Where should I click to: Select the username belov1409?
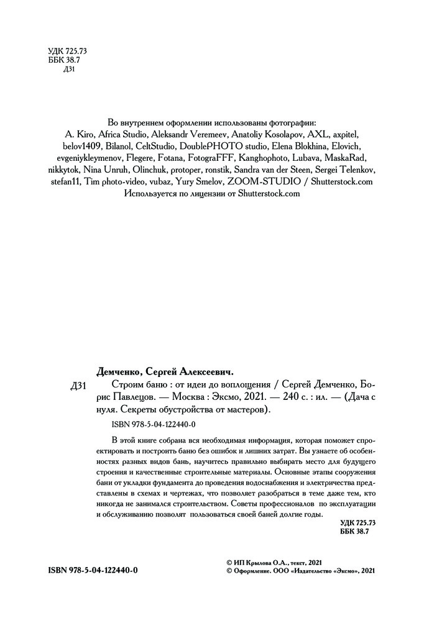72,147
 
